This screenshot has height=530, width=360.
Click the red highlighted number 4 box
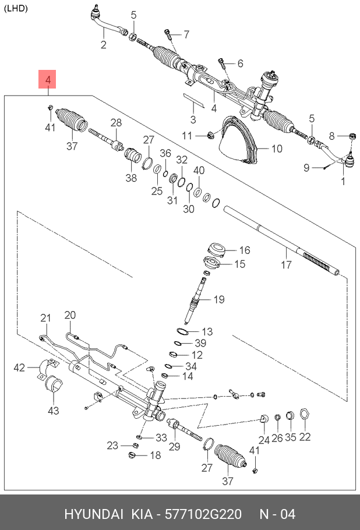48,80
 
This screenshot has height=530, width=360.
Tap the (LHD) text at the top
16,8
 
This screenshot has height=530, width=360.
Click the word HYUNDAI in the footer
93,514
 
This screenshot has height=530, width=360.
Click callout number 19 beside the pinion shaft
218,300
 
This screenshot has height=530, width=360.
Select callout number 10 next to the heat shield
276,149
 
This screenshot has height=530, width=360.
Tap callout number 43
54,411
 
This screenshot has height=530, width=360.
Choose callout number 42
20,367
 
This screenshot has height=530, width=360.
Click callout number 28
116,123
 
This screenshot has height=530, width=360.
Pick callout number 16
228,250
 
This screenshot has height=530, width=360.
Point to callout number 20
70,315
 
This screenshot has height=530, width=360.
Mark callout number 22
305,437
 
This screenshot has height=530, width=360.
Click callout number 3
192,120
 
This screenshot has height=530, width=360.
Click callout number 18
155,455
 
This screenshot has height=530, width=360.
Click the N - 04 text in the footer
277,514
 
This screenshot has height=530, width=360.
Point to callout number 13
207,331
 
